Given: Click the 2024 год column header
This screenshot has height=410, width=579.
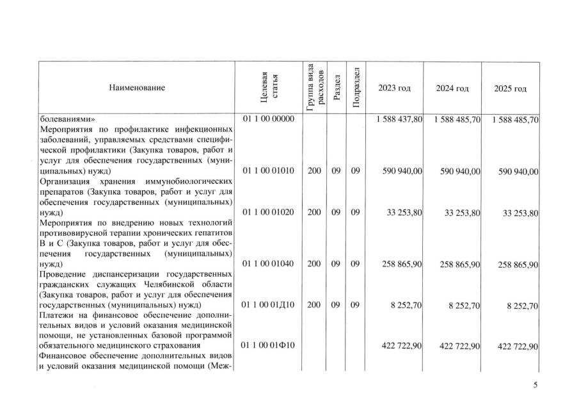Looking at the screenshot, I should (452, 88).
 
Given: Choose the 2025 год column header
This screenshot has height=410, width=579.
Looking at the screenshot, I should (511, 88).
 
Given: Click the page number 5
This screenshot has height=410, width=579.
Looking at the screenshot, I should (536, 385).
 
